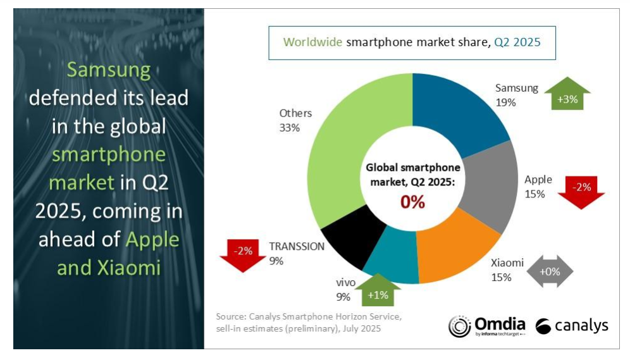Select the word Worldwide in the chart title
click(312, 43)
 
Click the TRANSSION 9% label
click(297, 252)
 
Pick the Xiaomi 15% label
click(507, 270)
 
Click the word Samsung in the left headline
click(109, 70)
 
